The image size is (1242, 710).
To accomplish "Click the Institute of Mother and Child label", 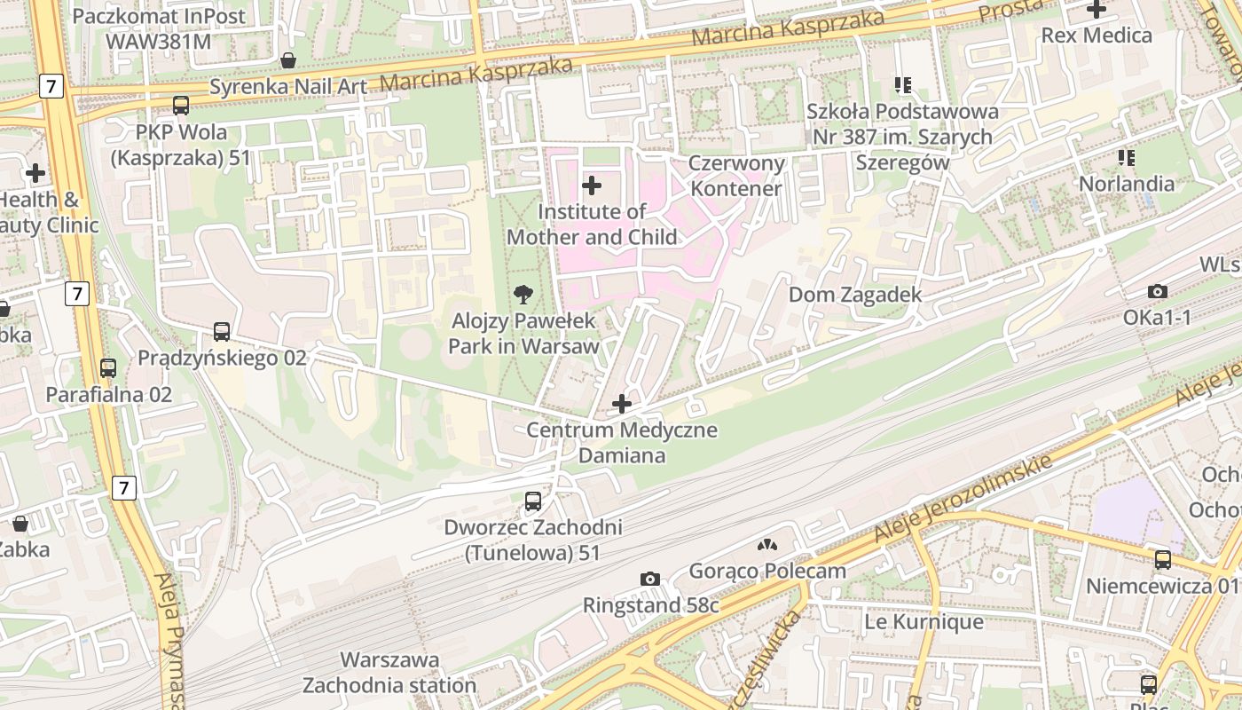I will pyautogui.click(x=591, y=225).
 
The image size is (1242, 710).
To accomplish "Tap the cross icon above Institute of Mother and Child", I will pyautogui.click(x=591, y=185).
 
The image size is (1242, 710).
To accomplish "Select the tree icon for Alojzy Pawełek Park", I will pyautogui.click(x=523, y=294).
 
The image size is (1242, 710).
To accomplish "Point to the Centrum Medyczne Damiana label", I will pyautogui.click(x=622, y=443).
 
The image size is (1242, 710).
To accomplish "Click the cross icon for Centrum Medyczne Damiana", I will pyautogui.click(x=622, y=405).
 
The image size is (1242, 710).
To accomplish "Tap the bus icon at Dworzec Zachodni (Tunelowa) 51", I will pyautogui.click(x=532, y=501).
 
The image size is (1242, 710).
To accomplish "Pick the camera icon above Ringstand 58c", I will pyautogui.click(x=649, y=580).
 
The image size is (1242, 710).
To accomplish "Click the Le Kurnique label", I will pyautogui.click(x=924, y=622).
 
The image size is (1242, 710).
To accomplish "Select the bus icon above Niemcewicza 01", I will pyautogui.click(x=1162, y=560).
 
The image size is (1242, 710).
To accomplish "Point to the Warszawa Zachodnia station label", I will pyautogui.click(x=389, y=673).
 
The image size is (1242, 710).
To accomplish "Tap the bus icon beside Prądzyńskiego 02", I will pyautogui.click(x=222, y=332).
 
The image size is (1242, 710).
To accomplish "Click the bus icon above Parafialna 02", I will pyautogui.click(x=108, y=367).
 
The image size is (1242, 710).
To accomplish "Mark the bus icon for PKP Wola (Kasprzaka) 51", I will pyautogui.click(x=181, y=106).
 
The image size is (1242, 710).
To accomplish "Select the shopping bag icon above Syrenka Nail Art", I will pyautogui.click(x=288, y=60).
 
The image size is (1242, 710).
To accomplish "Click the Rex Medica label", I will pyautogui.click(x=1097, y=35).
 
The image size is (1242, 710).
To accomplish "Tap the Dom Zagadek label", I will pyautogui.click(x=855, y=295).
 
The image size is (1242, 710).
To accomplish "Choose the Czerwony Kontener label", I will pyautogui.click(x=737, y=176).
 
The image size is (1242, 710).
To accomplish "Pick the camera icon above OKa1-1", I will pyautogui.click(x=1157, y=292).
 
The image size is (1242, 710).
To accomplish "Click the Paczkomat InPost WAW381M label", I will pyautogui.click(x=146, y=28).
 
